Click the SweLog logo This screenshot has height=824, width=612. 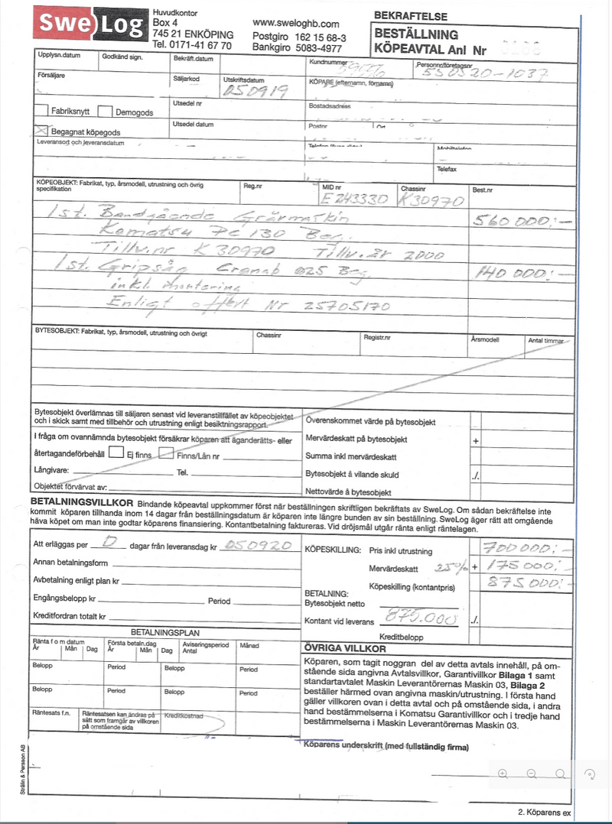[90, 26]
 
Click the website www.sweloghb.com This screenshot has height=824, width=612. [295, 24]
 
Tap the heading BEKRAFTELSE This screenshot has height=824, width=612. [411, 16]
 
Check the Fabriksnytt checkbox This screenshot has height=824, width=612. [43, 112]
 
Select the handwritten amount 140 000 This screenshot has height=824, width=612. [510, 272]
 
